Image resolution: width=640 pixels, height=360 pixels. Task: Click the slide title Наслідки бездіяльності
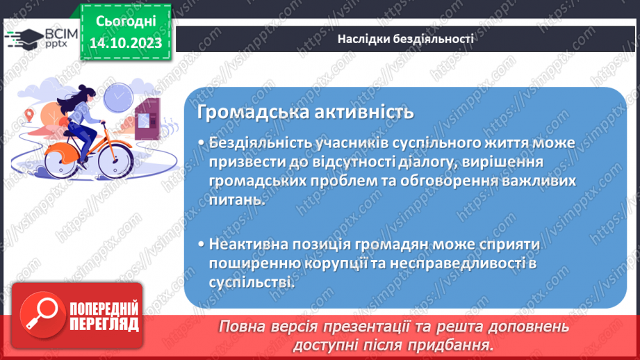405,39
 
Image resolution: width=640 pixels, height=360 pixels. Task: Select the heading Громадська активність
305,112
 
